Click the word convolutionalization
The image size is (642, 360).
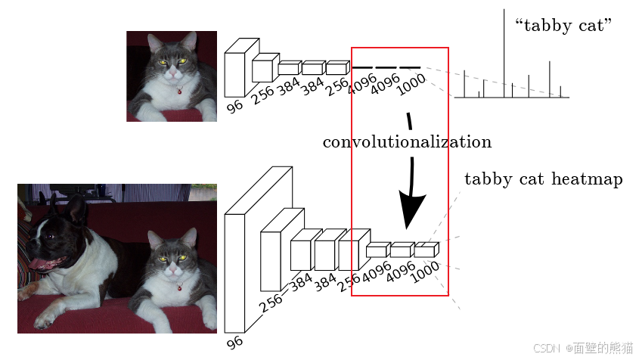coord(407,142)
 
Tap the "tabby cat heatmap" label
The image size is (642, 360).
coord(543,179)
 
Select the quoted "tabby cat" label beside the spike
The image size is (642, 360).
coord(563,26)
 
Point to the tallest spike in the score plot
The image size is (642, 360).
coord(505,45)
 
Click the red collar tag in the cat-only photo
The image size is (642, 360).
coord(179,92)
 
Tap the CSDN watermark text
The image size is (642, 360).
coord(583,348)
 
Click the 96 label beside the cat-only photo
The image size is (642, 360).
coord(235,106)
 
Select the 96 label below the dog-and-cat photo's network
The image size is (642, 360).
coord(235,343)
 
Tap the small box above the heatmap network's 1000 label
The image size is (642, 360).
coord(426,250)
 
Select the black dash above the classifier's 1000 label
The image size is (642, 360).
coord(410,68)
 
